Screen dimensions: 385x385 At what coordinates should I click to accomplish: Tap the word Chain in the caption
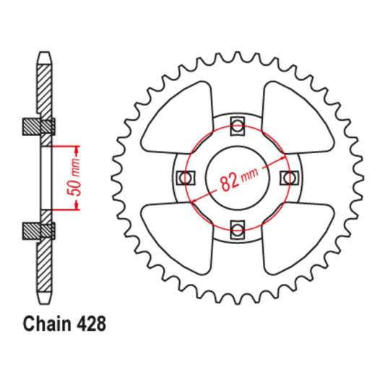(48, 324)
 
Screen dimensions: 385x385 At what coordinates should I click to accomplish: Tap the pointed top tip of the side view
(46, 54)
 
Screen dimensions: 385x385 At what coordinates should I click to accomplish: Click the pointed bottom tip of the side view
(46, 302)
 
